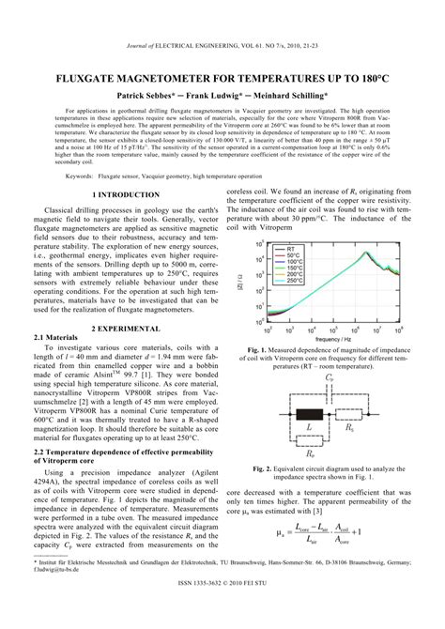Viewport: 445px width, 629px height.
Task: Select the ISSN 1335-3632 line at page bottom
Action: [222, 621]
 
